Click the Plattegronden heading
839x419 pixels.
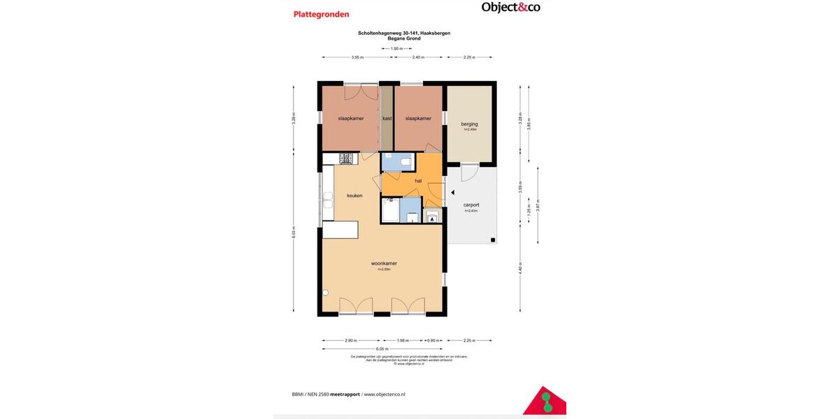(320, 14)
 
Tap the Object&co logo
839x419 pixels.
(510, 8)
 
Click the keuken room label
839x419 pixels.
(354, 196)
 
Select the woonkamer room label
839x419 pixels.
(384, 263)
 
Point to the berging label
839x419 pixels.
(469, 124)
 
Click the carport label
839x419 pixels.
(471, 205)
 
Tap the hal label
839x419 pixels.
(418, 181)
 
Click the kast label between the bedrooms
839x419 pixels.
(387, 119)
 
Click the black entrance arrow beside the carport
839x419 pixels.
(452, 192)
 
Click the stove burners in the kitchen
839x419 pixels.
(346, 159)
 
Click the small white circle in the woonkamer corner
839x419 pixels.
(325, 293)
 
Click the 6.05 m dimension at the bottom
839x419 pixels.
(382, 348)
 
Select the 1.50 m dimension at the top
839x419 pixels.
(396, 49)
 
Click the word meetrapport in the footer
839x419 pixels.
(345, 394)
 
